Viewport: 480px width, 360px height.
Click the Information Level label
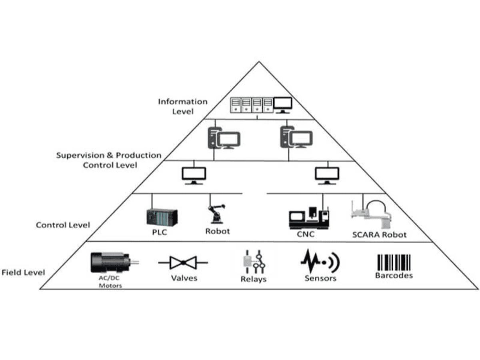pyautogui.click(x=183, y=106)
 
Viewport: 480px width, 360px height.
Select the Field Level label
pyautogui.click(x=23, y=273)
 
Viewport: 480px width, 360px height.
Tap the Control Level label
pyautogui.click(x=63, y=225)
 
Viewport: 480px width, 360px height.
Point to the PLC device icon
pyautogui.click(x=162, y=217)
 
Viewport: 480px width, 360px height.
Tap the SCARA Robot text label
pyautogui.click(x=379, y=235)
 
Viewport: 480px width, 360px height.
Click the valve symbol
pyautogui.click(x=183, y=263)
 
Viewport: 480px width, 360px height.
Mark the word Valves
pyautogui.click(x=184, y=278)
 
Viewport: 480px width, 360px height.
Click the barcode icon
pyautogui.click(x=394, y=263)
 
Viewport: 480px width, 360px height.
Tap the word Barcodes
pyautogui.click(x=394, y=276)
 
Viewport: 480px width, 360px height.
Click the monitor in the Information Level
pyautogui.click(x=282, y=105)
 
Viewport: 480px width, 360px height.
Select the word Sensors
pyautogui.click(x=320, y=278)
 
